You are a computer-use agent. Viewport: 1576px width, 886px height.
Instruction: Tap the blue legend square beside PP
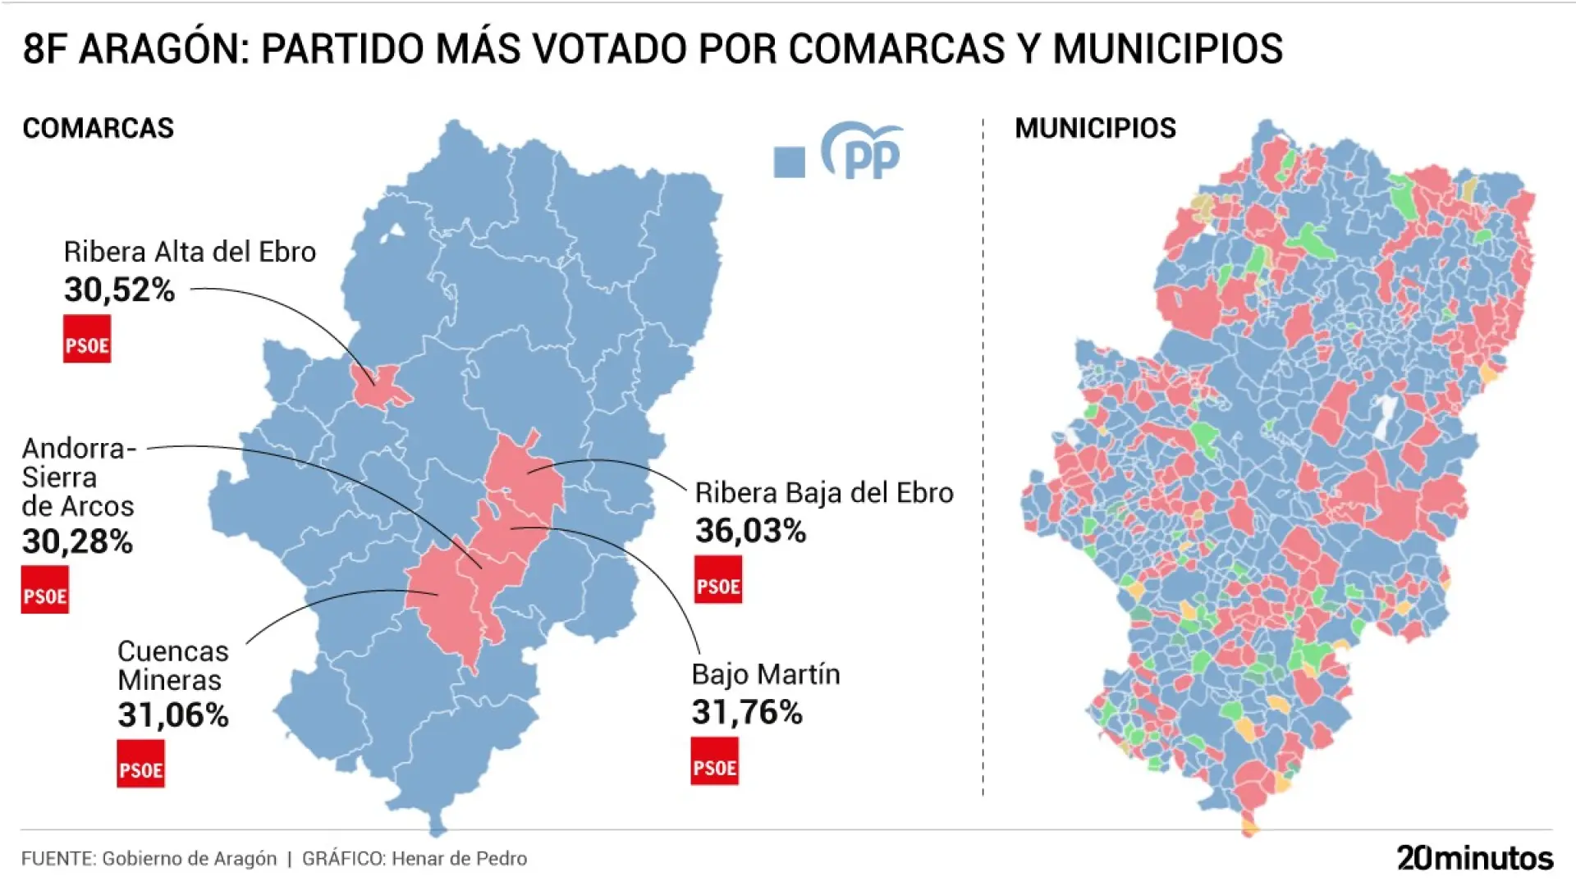pyautogui.click(x=789, y=162)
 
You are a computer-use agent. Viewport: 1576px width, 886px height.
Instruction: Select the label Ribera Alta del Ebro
pyautogui.click(x=190, y=252)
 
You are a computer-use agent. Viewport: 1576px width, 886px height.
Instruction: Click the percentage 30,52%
pyautogui.click(x=120, y=290)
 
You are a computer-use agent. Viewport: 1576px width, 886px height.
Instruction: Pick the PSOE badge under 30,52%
pyautogui.click(x=87, y=339)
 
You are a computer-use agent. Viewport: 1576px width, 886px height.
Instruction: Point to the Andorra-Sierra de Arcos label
pyautogui.click(x=78, y=477)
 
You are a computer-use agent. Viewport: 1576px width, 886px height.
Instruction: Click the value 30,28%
pyautogui.click(x=77, y=541)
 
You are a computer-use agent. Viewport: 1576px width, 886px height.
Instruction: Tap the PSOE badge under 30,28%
pyautogui.click(x=45, y=590)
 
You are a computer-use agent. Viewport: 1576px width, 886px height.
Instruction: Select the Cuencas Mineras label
pyautogui.click(x=172, y=665)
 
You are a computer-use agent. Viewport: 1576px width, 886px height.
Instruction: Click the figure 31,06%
pyautogui.click(x=172, y=715)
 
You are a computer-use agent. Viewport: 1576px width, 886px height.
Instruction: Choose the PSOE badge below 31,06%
pyautogui.click(x=140, y=764)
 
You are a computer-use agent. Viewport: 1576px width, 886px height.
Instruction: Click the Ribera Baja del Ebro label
pyautogui.click(x=824, y=493)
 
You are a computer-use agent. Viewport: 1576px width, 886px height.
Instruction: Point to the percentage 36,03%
pyautogui.click(x=750, y=531)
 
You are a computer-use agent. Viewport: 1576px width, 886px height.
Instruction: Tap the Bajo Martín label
pyautogui.click(x=766, y=674)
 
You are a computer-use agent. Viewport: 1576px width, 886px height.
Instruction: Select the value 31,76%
pyautogui.click(x=747, y=712)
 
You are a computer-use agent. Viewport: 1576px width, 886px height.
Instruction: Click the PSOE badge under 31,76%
pyautogui.click(x=714, y=761)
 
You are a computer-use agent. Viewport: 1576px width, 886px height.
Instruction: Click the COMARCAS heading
pyautogui.click(x=98, y=128)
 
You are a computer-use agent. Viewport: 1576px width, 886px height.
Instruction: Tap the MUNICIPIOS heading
pyautogui.click(x=1095, y=128)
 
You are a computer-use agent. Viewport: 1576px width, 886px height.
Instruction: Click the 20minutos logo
pyautogui.click(x=1474, y=858)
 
